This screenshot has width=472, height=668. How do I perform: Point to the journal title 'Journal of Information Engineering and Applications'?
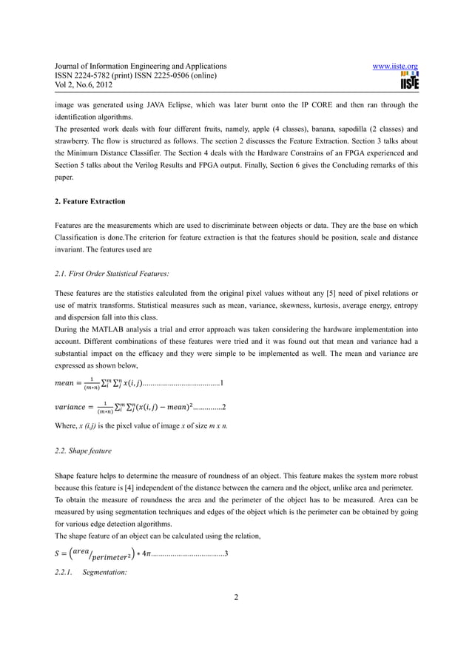[x=136, y=67]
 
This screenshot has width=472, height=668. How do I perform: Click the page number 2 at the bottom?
[x=236, y=618]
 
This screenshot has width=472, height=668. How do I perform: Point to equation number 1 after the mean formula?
[x=223, y=383]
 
